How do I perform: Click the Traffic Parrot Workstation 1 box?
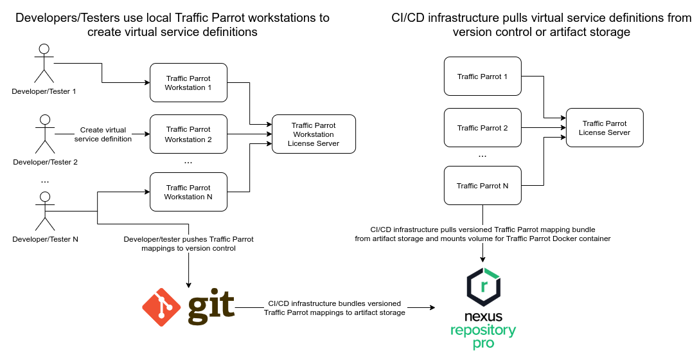[x=188, y=82]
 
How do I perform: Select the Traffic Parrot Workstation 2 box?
[x=188, y=134]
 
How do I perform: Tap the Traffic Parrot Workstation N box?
[x=188, y=192]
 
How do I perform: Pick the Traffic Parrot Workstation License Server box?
[x=314, y=134]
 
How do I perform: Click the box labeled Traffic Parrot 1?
[x=482, y=76]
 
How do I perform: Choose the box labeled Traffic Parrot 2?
[x=482, y=127]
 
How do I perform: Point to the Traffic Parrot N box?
[x=482, y=185]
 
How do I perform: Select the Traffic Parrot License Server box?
[x=605, y=127]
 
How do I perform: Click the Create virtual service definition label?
[x=103, y=134]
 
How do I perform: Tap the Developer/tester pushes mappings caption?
[x=188, y=243]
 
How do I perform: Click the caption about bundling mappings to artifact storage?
[x=335, y=308]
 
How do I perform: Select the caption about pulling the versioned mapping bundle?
[x=482, y=234]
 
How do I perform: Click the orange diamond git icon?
[x=161, y=307]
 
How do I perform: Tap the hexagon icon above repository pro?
[x=483, y=287]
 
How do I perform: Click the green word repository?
[x=483, y=331]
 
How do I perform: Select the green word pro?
[x=483, y=344]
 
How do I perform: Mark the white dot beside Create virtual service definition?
[x=45, y=120]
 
